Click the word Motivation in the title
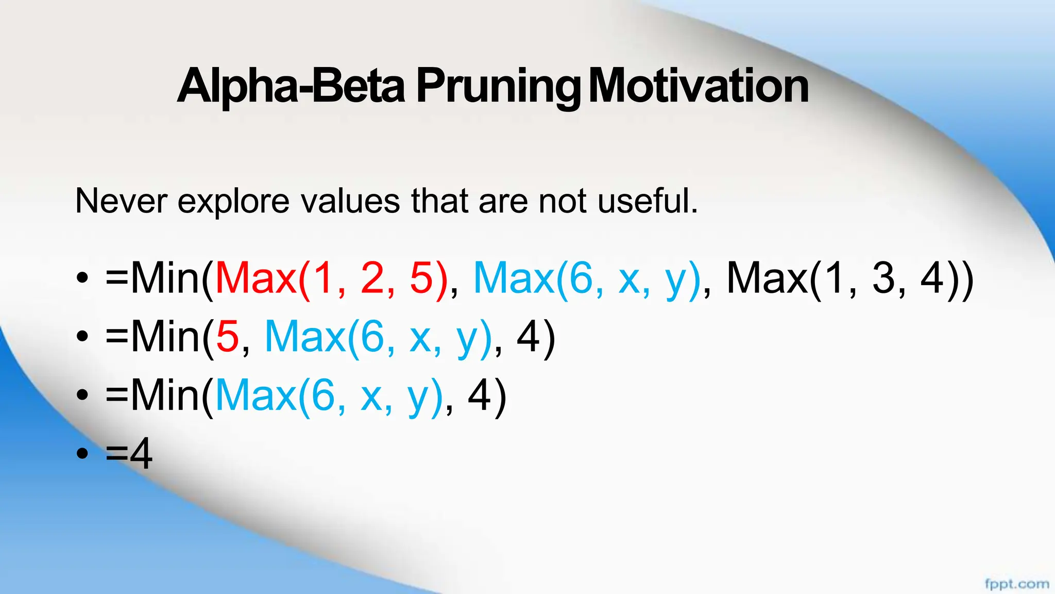698,87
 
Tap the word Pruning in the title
497,87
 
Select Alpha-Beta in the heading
291,87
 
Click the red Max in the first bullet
256,279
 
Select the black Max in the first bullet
767,279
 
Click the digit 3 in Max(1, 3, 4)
883,279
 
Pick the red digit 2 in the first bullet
372,279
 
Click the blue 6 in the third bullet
323,396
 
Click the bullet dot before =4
82,454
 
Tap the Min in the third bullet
165,396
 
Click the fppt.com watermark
1016,584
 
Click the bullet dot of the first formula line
82,279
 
